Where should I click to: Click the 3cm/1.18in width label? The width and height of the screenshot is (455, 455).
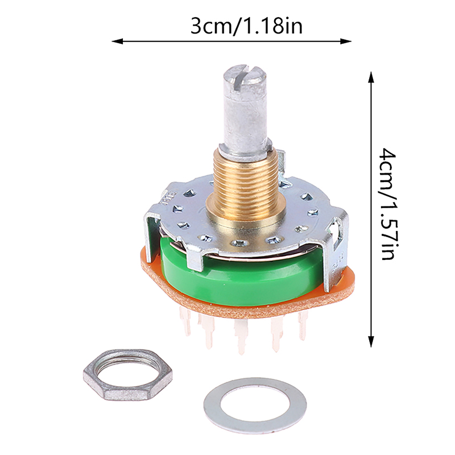(x=246, y=26)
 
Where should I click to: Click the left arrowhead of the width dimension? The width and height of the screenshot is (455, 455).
(x=117, y=42)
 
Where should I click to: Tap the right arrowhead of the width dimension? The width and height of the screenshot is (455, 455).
(x=346, y=42)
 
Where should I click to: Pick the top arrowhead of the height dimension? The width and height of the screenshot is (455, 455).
(x=371, y=77)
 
